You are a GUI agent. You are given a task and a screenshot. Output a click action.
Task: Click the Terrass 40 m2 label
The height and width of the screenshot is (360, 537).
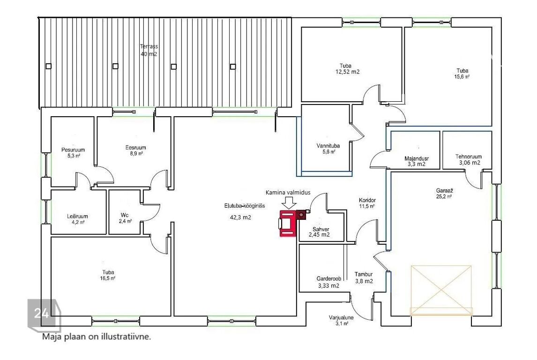tap(149, 50)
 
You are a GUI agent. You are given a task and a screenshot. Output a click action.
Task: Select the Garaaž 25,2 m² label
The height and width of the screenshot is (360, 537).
tap(444, 193)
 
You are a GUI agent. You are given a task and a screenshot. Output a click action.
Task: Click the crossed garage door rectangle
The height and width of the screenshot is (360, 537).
tap(441, 290)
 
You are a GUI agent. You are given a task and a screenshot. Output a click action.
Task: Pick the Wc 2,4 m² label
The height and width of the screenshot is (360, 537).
tap(125, 218)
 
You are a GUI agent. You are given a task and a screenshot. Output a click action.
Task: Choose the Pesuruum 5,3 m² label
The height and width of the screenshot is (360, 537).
tap(73, 152)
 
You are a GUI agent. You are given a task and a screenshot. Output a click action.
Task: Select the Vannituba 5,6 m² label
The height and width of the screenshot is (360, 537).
tap(328, 149)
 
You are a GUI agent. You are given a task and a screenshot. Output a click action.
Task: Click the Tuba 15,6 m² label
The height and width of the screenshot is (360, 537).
tap(462, 74)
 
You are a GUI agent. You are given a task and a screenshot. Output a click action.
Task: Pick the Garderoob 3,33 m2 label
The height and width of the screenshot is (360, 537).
tap(328, 282)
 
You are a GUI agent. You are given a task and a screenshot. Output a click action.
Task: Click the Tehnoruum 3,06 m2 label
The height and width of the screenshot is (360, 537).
tap(469, 160)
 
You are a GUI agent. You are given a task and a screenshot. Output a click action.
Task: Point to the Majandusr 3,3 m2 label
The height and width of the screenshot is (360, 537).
tap(417, 161)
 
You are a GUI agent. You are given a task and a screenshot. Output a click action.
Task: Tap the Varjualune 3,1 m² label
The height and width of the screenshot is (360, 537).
tap(341, 320)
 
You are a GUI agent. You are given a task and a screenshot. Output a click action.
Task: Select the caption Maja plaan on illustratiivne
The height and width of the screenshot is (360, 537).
tap(97, 337)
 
